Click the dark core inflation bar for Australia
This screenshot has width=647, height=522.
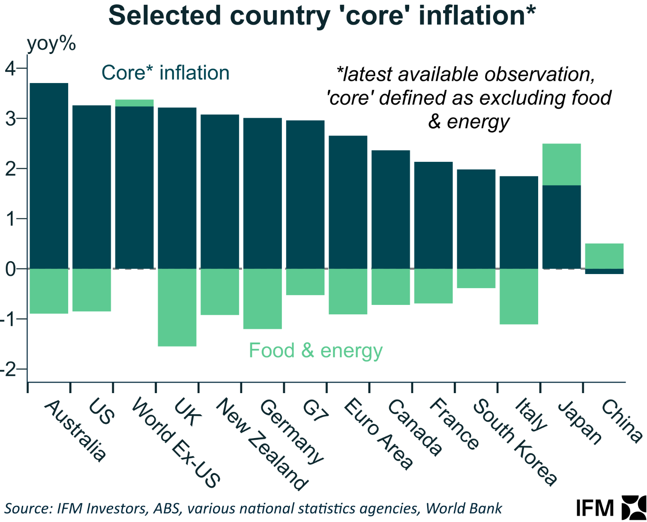pyautogui.click(x=49, y=176)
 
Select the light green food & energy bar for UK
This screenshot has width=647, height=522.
pyautogui.click(x=177, y=307)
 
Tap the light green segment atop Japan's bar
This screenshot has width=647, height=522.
pyautogui.click(x=561, y=164)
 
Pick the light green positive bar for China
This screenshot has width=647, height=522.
pyautogui.click(x=604, y=256)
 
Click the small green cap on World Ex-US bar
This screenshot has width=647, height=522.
pyautogui.click(x=135, y=103)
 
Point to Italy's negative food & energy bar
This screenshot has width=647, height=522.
pyautogui.click(x=519, y=296)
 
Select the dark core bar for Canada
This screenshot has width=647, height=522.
pyautogui.click(x=391, y=209)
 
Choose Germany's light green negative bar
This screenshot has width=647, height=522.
pyautogui.click(x=263, y=298)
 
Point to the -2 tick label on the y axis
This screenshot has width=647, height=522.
pyautogui.click(x=10, y=369)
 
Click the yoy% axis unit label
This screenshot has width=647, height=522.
pyautogui.click(x=51, y=44)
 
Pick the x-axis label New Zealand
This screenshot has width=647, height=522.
pyautogui.click(x=261, y=444)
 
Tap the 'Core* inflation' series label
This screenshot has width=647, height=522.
pyautogui.click(x=165, y=73)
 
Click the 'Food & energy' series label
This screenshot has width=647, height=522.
pyautogui.click(x=315, y=351)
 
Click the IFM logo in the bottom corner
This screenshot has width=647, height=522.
pyautogui.click(x=610, y=508)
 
